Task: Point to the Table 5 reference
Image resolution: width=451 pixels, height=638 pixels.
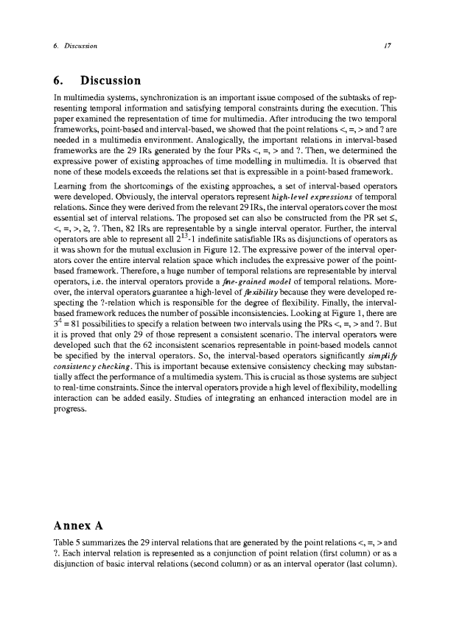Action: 64,544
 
